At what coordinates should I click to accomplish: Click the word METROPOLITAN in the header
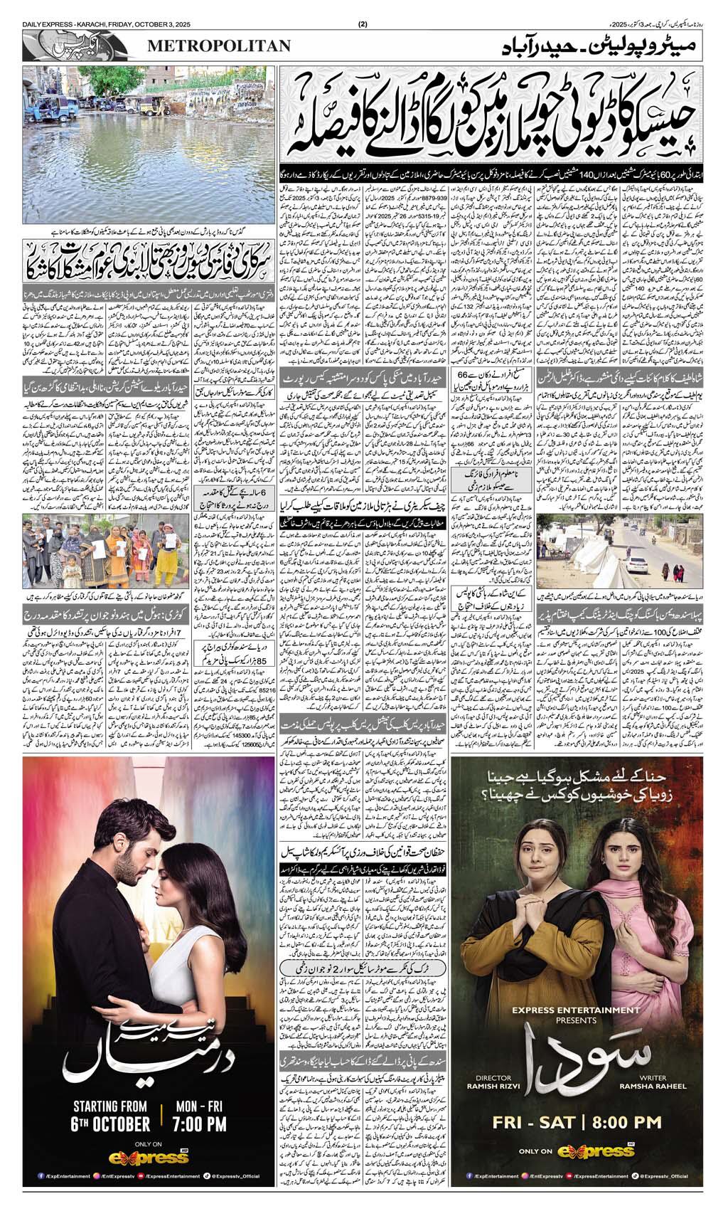tap(219, 46)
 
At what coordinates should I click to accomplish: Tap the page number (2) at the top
tap(363, 26)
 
